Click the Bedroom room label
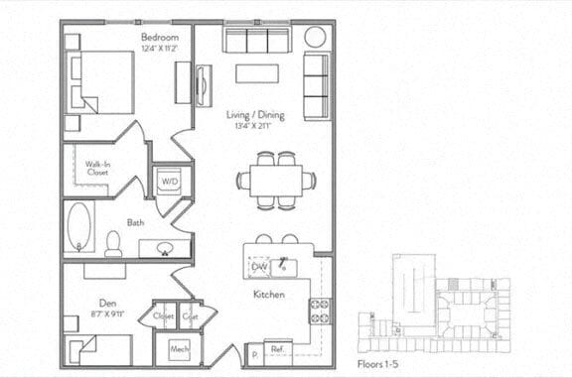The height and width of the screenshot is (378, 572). click(x=159, y=37)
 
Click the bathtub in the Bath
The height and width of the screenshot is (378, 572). click(x=77, y=229)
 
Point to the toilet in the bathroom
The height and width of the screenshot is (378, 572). click(x=113, y=243)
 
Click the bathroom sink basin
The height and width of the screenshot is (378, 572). click(x=164, y=248)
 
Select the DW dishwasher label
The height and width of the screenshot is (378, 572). click(x=259, y=267)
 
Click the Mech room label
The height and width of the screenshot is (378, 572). click(x=179, y=349)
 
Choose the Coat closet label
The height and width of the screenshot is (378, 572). click(x=191, y=315)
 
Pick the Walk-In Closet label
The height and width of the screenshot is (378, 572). click(x=97, y=169)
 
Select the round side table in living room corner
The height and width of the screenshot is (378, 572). click(x=315, y=39)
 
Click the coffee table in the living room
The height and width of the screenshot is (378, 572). click(x=256, y=74)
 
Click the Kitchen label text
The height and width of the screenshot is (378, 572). click(x=269, y=295)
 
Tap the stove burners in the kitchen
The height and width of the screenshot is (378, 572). click(x=320, y=311)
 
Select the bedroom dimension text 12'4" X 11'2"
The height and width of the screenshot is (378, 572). click(x=159, y=48)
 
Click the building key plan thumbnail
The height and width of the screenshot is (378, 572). click(x=433, y=301)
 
